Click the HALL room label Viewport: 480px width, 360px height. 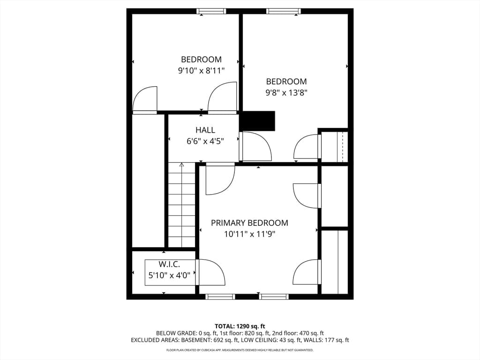coord(205,130)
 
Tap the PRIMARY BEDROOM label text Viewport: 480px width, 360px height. coord(249,223)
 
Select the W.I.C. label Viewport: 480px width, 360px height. coord(169,264)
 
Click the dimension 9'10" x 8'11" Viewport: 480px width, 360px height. coord(202,71)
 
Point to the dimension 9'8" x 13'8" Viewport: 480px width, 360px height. coord(286,93)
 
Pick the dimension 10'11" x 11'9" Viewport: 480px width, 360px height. coord(250,234)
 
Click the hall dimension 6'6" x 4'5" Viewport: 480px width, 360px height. coord(205,142)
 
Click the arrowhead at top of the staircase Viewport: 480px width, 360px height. coord(181,165)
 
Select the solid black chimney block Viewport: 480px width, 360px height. coord(257,121)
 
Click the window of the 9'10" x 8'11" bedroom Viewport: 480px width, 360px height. coord(211,11)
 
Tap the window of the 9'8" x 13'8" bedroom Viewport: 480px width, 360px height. coord(284,11)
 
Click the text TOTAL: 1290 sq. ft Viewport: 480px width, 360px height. coord(240,326)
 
